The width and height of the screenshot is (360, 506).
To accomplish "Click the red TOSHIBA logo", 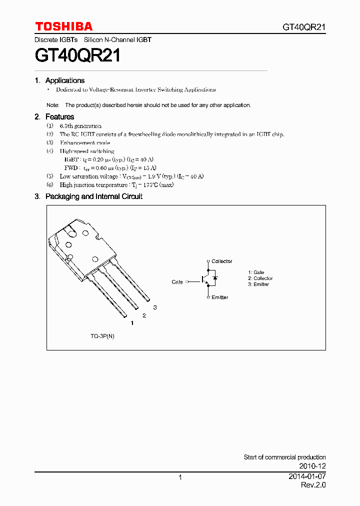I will [63, 26].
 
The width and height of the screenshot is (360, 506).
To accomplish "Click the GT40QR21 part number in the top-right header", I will [304, 27].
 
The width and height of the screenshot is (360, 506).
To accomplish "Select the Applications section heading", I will [64, 80].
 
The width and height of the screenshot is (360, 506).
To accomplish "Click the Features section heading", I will [59, 116].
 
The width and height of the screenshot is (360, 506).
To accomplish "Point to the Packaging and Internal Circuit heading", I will [93, 196].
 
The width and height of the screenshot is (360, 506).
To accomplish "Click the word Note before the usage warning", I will [52, 105].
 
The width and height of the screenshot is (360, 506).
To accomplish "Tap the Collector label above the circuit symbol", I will [221, 261].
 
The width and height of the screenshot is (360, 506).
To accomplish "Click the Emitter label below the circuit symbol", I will [219, 297].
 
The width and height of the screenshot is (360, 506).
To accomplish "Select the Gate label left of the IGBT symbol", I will [177, 282].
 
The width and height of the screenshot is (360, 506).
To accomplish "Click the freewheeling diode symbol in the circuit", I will [215, 278].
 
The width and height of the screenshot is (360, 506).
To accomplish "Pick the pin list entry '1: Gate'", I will [256, 272].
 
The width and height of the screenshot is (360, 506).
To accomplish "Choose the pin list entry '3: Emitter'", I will [258, 284].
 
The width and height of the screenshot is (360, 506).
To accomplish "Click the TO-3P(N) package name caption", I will [102, 336].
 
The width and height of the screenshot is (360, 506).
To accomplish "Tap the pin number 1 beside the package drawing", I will [132, 323].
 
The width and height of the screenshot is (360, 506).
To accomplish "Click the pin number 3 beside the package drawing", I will [155, 307].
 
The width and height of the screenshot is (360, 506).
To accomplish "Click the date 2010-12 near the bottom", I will [313, 466].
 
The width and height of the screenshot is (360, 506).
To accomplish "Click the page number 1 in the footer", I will [180, 477].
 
